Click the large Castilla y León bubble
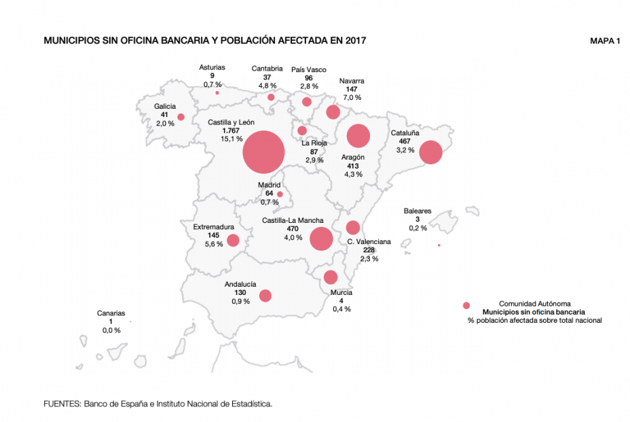(x=263, y=152)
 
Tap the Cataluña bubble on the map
(x=430, y=152)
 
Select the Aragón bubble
(x=358, y=136)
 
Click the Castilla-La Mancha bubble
(x=320, y=239)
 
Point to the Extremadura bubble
(x=233, y=240)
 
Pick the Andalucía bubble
(x=265, y=296)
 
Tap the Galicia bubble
(x=181, y=117)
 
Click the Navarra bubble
(x=333, y=111)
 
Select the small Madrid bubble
(x=280, y=194)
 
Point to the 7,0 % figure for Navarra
(x=352, y=98)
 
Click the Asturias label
(x=212, y=67)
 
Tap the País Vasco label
(x=308, y=69)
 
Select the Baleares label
(x=418, y=211)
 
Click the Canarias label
(x=111, y=313)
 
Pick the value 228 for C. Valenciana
(x=369, y=250)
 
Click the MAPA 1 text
(x=606, y=41)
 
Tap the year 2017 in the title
(x=355, y=41)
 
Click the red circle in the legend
(x=466, y=306)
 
